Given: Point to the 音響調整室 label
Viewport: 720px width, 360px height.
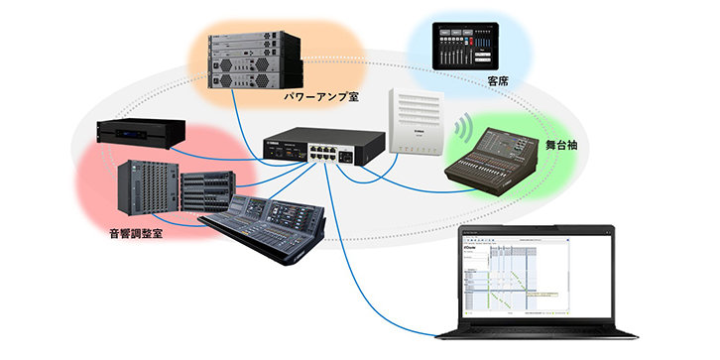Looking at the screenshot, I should (136, 236).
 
